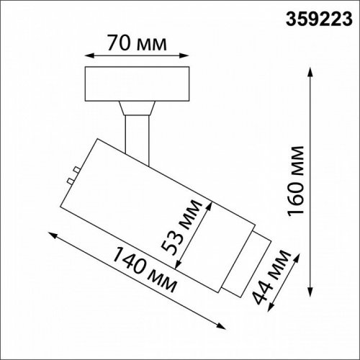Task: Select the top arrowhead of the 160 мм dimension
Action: [x=311, y=73]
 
